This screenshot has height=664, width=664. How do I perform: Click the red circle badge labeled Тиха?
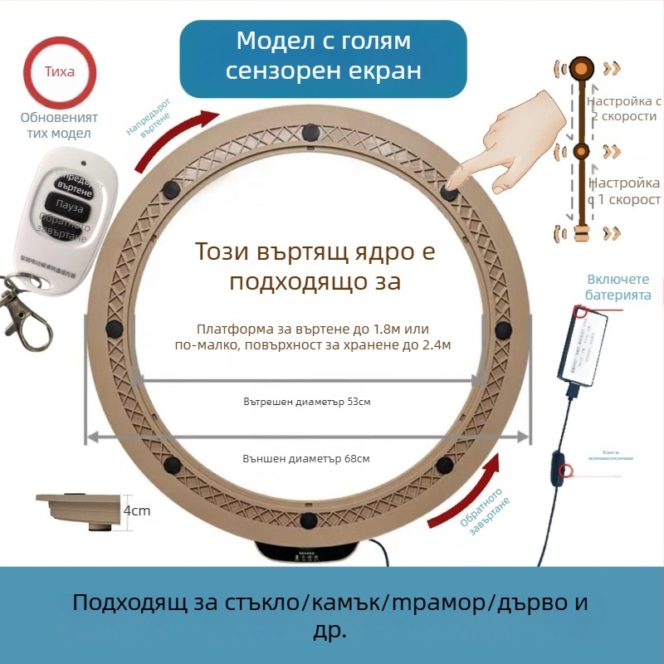[60, 71]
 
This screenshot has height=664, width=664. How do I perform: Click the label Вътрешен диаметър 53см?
[307, 402]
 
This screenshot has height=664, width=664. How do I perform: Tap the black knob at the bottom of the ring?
[309, 520]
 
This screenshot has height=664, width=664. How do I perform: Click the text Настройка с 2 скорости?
[624, 109]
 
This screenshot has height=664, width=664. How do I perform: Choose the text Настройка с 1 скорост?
[624, 192]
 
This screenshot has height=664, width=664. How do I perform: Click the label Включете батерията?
[618, 287]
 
